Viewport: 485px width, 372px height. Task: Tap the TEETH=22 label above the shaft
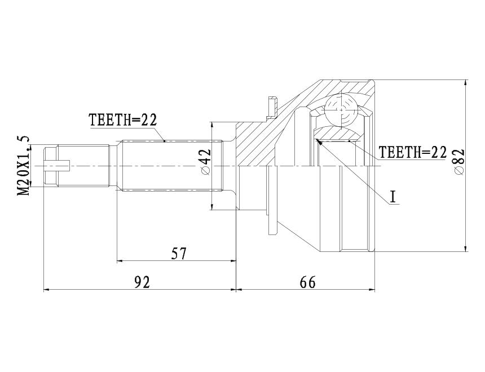(123, 120)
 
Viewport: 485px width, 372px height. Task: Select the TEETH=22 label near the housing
(413, 152)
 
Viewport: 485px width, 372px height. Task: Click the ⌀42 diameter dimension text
(205, 162)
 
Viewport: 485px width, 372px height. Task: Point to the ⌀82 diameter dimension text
(459, 162)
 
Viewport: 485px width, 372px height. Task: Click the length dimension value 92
(142, 282)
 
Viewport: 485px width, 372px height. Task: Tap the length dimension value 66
(307, 282)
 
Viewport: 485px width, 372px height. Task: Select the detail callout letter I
(393, 197)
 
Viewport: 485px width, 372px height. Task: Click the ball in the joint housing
(341, 110)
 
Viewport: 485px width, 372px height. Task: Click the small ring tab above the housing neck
(271, 108)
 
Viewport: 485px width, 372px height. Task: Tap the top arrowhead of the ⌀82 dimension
(466, 84)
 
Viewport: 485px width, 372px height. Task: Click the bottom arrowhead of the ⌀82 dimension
(466, 247)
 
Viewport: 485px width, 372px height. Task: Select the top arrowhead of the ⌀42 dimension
(212, 126)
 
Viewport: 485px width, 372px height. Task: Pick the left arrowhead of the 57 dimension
(121, 261)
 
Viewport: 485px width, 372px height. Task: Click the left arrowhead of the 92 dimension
(47, 290)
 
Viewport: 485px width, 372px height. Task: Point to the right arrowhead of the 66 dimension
(371, 290)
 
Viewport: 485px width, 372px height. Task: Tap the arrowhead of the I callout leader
(318, 142)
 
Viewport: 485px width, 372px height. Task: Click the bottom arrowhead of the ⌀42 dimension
(212, 206)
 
